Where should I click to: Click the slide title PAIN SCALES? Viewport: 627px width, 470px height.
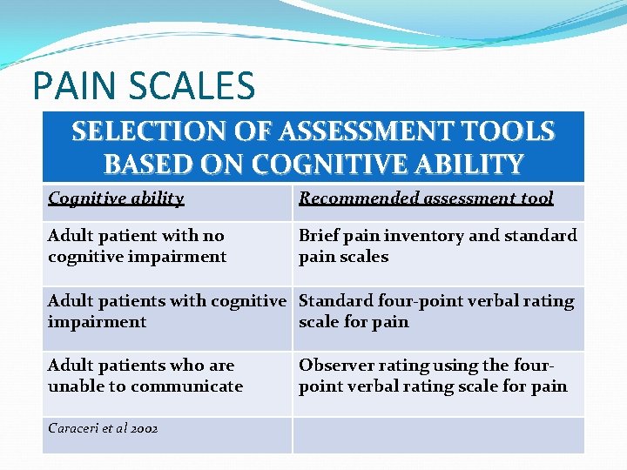click(144, 86)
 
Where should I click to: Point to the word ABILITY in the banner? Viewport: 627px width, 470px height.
click(474, 164)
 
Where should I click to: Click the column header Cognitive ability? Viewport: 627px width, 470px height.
click(116, 198)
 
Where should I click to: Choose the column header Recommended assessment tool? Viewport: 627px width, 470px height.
click(426, 198)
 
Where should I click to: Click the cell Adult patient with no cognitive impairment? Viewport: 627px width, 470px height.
click(137, 246)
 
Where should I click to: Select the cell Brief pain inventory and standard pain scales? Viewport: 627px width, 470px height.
click(437, 246)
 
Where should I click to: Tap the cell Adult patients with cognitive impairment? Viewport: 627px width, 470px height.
click(166, 312)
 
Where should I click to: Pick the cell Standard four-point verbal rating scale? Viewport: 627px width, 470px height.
click(436, 312)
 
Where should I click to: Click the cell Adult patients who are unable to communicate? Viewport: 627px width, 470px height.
click(145, 376)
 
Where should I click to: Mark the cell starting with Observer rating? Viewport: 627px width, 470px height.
click(433, 376)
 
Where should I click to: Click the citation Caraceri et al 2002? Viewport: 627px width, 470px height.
click(103, 429)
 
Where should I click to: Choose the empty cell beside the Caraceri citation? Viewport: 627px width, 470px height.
click(438, 434)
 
